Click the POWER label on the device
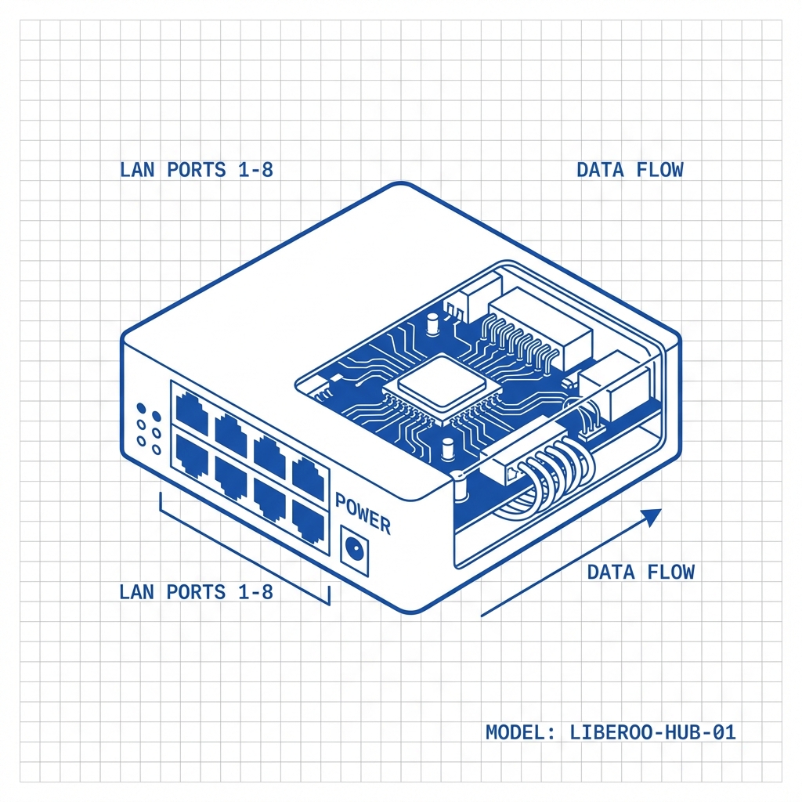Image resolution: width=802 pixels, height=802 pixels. point(363,513)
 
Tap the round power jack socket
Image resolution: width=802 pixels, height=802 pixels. point(356,549)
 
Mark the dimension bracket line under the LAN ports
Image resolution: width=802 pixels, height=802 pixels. point(243,548)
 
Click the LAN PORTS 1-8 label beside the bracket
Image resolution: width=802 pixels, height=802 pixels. point(196,592)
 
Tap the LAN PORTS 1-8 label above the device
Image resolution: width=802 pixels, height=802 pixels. point(196,170)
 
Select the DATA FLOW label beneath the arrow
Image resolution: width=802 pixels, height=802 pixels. point(641,572)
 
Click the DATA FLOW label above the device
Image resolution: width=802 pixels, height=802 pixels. point(630,170)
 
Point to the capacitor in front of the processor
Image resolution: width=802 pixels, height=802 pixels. point(448,449)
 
